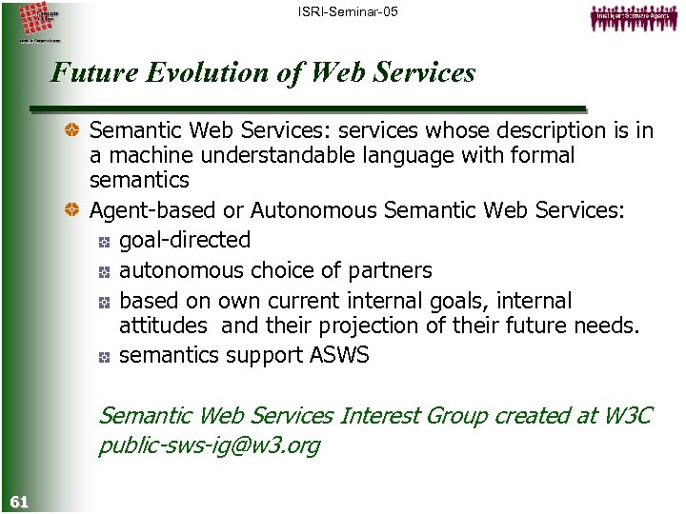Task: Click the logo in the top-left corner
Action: pos(37,22)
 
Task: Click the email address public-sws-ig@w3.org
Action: pos(209,445)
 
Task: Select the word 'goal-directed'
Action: pos(185,240)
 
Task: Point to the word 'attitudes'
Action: pos(163,326)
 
